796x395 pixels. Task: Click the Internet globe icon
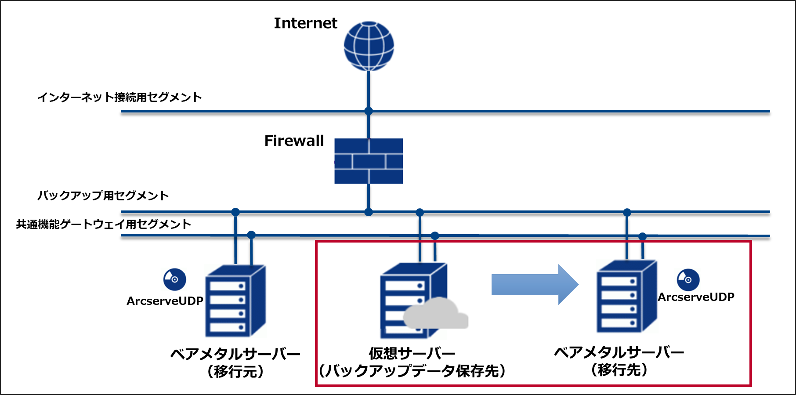369,46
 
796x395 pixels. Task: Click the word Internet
305,23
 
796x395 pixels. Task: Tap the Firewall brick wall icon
369,161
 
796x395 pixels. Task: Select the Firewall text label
294,141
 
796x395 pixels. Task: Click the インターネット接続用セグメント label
119,97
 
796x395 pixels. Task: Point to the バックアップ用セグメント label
103,196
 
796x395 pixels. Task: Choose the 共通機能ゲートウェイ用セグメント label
104,225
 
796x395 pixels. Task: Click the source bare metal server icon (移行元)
235,301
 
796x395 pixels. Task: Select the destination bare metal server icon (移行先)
627,297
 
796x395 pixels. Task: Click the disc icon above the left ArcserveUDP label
174,279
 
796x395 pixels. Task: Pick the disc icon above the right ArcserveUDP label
688,280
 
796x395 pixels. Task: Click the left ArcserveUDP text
165,301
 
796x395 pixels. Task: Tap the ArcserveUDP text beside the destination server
696,297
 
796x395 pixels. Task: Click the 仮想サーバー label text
412,353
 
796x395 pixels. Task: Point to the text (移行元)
236,372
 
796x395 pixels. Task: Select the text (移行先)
619,370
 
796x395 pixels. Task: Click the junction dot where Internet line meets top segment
369,111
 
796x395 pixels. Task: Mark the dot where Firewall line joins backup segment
369,212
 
